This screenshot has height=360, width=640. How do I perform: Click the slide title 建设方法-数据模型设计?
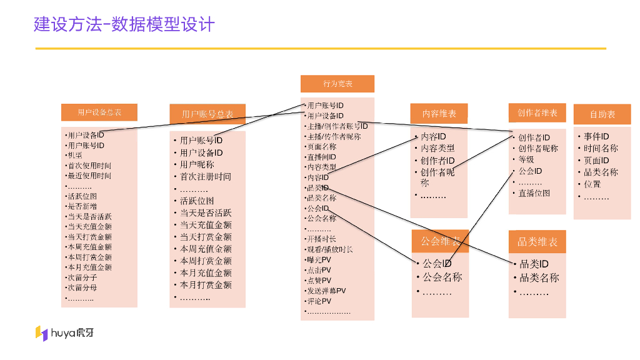124,24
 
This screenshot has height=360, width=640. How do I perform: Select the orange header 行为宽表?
337,84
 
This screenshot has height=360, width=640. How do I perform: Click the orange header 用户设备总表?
99,112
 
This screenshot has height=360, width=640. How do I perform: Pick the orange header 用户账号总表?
207,114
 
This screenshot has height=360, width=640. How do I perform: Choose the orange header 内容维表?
439,114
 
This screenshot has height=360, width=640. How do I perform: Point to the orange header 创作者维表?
537,113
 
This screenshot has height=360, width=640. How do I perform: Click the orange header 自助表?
602,114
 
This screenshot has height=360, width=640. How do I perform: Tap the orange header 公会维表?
440,241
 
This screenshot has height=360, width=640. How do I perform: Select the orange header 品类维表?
537,242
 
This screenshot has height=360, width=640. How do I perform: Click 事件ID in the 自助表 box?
596,136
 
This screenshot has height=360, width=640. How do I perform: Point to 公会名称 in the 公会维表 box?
442,277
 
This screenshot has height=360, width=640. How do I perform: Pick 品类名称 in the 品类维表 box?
539,278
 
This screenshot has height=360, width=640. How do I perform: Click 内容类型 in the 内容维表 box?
437,148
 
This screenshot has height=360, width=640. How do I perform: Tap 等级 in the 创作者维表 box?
526,159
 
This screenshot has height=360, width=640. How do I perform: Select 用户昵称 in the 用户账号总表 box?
197,164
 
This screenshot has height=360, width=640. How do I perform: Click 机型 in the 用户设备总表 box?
75,156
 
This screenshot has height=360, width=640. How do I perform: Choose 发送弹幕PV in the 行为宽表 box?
326,291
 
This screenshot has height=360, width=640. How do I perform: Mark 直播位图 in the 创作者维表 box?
534,193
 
